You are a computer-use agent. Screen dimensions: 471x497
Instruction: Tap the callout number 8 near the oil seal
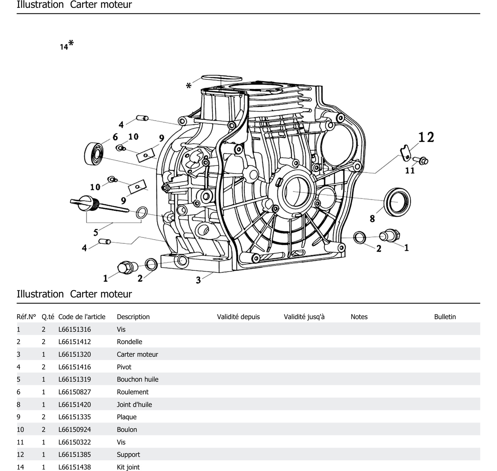point(372,218)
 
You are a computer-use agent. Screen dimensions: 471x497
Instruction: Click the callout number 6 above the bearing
point(115,137)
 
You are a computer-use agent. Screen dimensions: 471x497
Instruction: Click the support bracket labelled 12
point(405,153)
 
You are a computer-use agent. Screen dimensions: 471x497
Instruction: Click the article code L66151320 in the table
point(75,354)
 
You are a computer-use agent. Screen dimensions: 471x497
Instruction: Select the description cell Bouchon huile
point(138,379)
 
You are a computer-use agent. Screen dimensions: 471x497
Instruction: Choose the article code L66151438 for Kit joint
point(75,467)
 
